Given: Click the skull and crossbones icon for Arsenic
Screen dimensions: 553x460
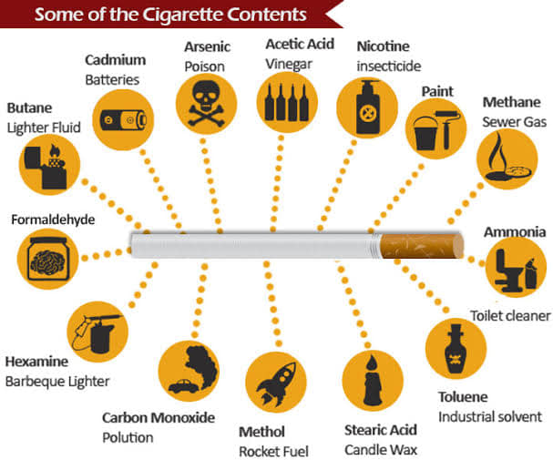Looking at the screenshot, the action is (206, 104).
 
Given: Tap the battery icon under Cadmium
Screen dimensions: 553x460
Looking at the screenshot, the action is (123, 120).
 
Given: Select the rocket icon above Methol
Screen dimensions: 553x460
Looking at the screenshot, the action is (276, 383).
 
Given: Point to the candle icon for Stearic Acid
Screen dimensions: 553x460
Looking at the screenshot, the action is (373, 380).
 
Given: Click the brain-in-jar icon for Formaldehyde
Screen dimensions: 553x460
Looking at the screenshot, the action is (48, 259).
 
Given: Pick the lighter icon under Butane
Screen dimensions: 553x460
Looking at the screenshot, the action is (46, 167).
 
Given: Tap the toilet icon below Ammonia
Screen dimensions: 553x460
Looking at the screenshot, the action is (516, 269).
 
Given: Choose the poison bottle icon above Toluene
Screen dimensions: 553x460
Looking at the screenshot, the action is (456, 349).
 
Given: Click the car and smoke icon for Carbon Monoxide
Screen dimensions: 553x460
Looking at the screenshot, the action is (193, 370).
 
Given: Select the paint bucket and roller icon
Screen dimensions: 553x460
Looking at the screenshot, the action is (436, 129).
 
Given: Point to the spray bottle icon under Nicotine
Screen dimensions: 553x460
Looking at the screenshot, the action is (368, 107).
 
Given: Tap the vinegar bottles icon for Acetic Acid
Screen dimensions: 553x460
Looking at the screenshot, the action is (287, 102).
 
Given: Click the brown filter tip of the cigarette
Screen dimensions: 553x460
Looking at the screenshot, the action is (422, 246).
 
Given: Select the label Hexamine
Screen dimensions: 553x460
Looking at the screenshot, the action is (36, 362).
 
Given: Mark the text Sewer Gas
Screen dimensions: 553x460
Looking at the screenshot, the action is (514, 122).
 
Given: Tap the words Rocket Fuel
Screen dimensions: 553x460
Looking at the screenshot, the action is (273, 451).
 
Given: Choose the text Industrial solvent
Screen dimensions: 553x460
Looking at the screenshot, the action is (490, 416).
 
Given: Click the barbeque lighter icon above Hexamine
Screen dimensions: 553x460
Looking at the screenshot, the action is (97, 332).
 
